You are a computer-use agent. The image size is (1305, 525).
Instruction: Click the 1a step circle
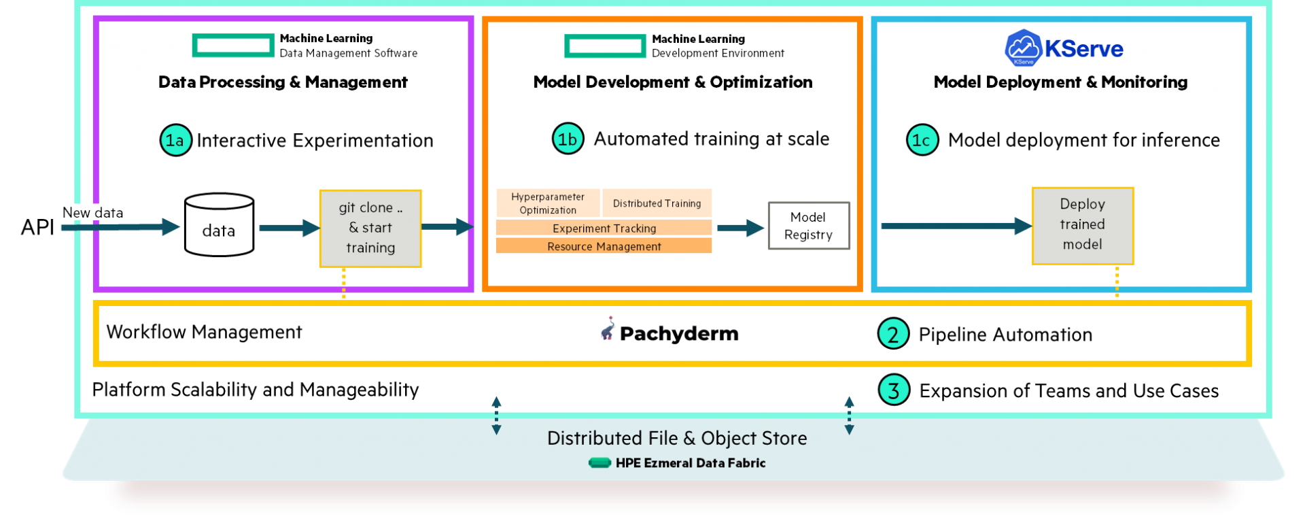click(175, 140)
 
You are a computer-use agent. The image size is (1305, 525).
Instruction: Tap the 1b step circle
click(568, 139)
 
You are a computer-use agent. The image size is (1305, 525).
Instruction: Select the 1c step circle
click(922, 140)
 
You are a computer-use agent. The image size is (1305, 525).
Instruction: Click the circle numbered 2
click(893, 334)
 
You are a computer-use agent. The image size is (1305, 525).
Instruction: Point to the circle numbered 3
click(894, 390)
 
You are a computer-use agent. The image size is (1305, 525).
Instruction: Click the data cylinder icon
click(219, 225)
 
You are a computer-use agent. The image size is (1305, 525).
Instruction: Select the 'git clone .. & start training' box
click(370, 228)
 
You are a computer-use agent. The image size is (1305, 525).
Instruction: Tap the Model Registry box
click(808, 226)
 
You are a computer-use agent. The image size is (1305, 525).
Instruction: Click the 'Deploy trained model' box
click(1082, 225)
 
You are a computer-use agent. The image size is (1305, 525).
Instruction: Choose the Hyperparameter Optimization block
click(548, 203)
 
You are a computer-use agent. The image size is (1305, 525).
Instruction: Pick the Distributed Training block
click(657, 203)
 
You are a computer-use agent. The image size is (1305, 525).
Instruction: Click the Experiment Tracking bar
click(604, 228)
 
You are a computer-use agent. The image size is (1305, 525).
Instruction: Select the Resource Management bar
click(604, 245)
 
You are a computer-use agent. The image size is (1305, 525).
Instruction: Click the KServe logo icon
click(1023, 48)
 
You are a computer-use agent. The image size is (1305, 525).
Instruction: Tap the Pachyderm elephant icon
click(608, 328)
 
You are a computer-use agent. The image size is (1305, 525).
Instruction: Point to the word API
click(37, 227)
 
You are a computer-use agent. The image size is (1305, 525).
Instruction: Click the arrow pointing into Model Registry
click(741, 228)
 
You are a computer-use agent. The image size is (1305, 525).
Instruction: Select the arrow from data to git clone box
click(290, 228)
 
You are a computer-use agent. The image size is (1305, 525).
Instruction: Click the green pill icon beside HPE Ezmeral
click(599, 463)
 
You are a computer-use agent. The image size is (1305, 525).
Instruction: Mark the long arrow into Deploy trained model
click(957, 226)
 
